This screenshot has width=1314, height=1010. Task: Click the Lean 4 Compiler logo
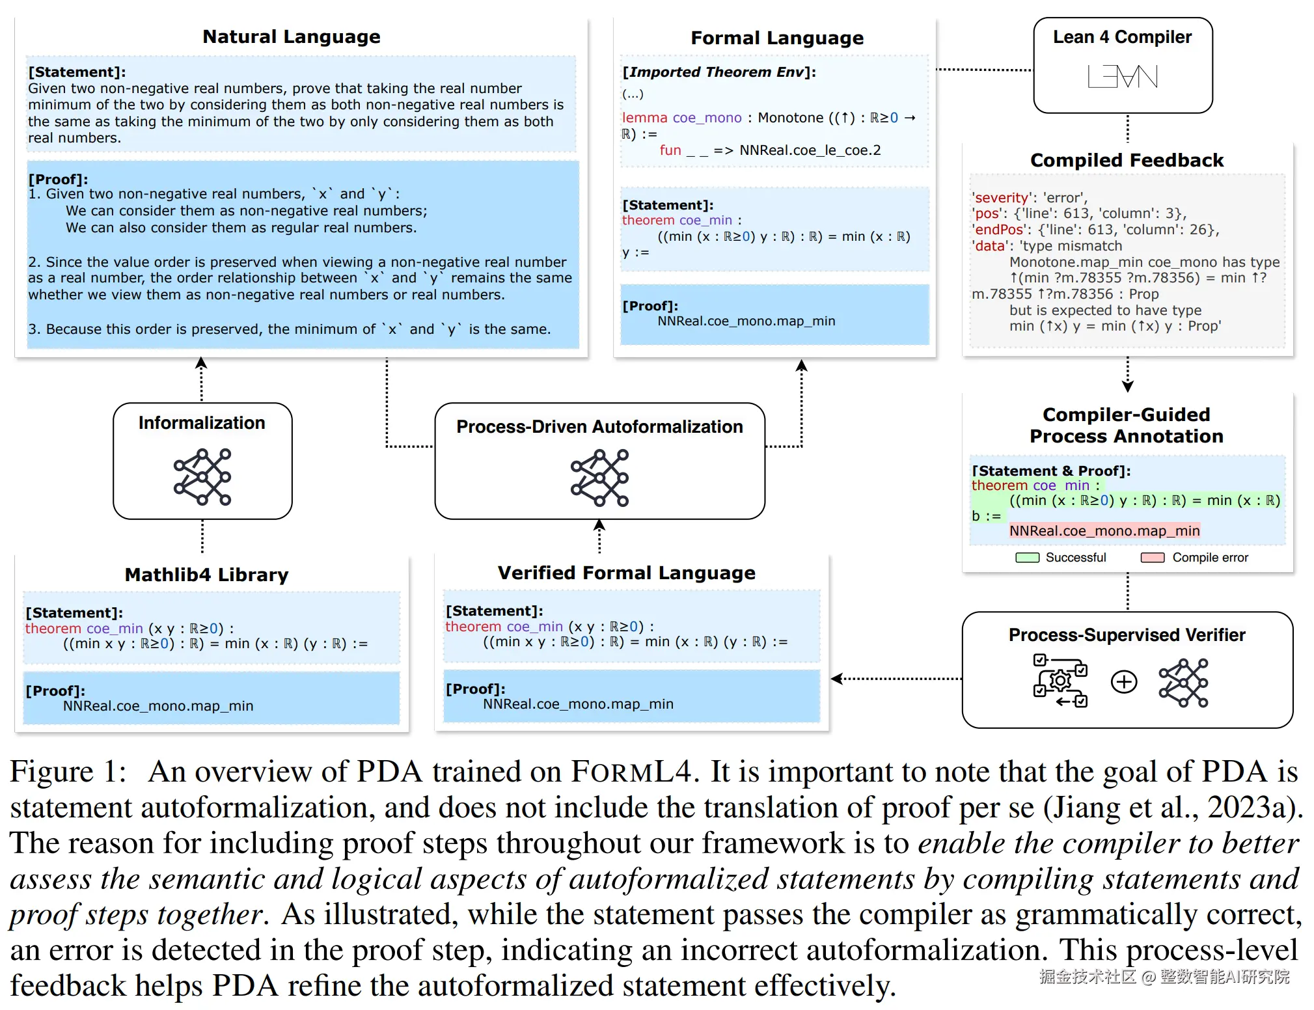tap(1123, 77)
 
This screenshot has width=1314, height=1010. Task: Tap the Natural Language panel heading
tap(291, 36)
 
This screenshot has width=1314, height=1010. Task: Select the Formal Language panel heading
tap(776, 38)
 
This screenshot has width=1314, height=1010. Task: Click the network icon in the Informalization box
tap(202, 476)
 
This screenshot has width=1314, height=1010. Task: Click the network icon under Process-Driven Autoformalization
tap(599, 478)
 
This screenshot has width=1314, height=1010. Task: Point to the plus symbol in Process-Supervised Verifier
tap(1124, 682)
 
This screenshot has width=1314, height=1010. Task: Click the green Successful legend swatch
tap(1028, 558)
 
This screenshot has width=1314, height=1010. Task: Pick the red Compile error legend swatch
tap(1152, 558)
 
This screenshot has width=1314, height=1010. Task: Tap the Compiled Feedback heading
tap(1127, 160)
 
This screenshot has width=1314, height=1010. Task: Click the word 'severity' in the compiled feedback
tap(1001, 198)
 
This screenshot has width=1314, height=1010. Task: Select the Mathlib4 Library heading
tap(206, 575)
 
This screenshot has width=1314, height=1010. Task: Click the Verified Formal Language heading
tap(626, 573)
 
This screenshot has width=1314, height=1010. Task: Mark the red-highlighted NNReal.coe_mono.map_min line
tap(1104, 531)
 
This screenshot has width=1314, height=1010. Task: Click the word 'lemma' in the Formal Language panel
tap(644, 118)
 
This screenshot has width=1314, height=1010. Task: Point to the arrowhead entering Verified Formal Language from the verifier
tap(837, 679)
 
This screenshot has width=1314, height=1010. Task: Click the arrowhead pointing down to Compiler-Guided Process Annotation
tap(1128, 386)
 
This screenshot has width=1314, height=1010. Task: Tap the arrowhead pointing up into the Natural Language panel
tap(201, 363)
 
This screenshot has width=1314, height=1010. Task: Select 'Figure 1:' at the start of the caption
tap(68, 772)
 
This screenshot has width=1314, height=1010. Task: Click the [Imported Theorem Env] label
tap(719, 72)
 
